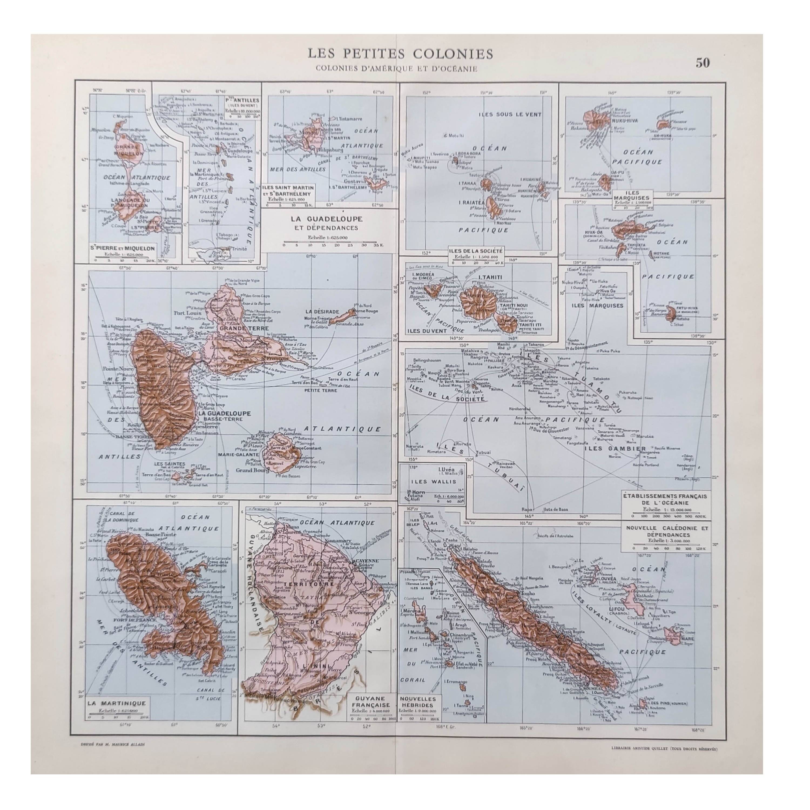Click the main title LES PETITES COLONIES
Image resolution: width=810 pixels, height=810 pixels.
400,54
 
